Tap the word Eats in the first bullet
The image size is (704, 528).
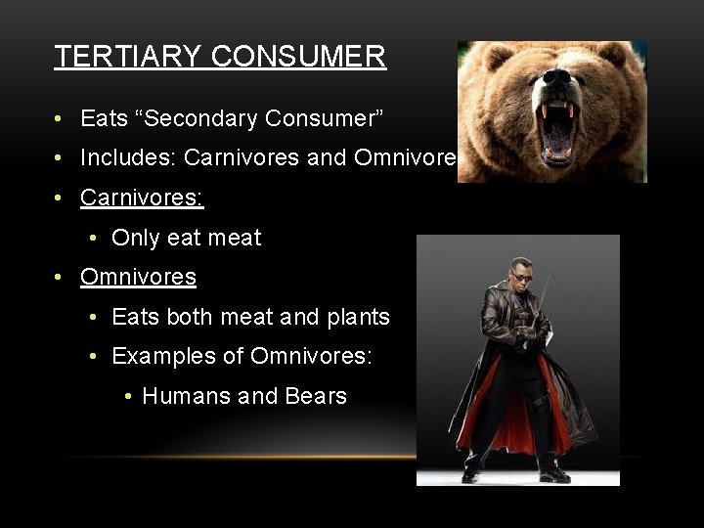pos(105,119)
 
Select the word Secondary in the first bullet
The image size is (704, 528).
pos(210,119)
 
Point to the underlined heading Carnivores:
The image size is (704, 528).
pos(142,197)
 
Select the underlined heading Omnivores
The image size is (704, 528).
pos(138,277)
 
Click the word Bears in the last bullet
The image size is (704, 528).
pos(316,396)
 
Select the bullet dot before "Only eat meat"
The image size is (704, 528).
pos(91,239)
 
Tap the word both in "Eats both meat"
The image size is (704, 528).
pos(189,317)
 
